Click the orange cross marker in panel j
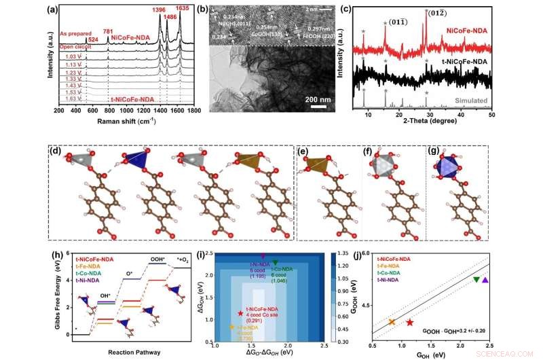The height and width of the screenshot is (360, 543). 392,321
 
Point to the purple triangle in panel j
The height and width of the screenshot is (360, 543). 485,279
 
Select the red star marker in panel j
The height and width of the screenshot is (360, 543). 409,321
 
